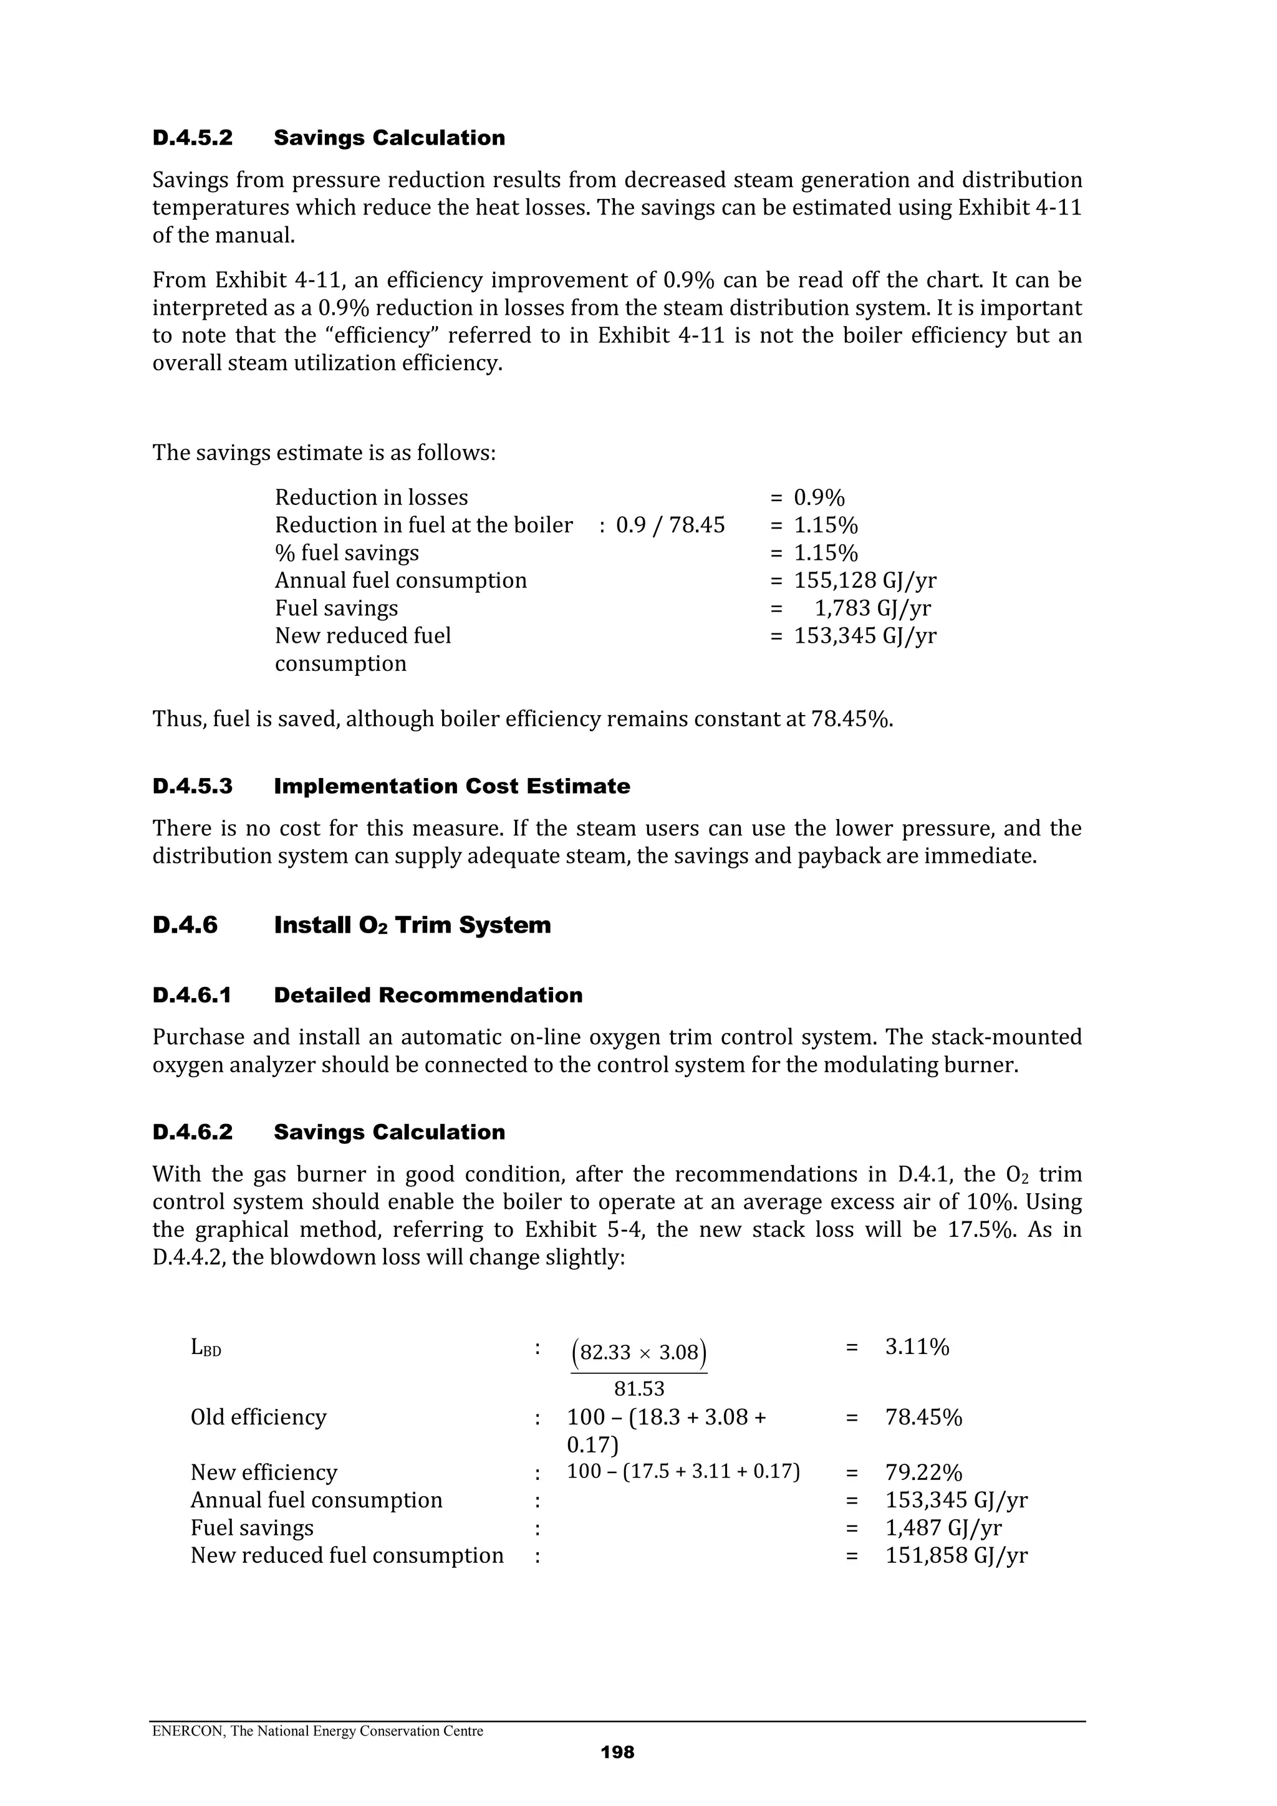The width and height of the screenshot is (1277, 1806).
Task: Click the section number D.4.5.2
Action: point(192,138)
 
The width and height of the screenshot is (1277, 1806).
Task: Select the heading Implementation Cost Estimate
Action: point(451,787)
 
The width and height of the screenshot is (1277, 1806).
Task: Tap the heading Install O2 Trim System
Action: point(412,925)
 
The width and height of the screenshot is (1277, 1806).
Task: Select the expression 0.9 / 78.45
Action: point(670,526)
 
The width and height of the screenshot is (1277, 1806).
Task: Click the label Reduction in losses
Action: point(372,498)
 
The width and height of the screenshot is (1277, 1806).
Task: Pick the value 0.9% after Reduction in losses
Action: point(819,498)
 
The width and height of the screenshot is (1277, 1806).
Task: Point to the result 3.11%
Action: point(917,1347)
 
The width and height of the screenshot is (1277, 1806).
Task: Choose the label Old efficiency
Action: point(258,1418)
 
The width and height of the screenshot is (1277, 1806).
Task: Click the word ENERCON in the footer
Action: point(178,1731)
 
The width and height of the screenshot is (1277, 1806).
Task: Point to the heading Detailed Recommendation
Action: point(428,995)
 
